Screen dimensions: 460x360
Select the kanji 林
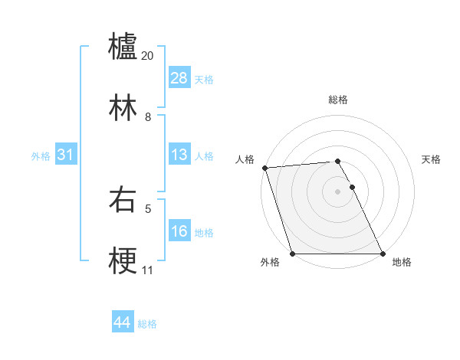click(x=123, y=107)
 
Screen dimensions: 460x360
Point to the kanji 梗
click(x=123, y=261)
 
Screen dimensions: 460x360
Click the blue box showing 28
click(x=179, y=78)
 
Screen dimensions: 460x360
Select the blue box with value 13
click(x=179, y=155)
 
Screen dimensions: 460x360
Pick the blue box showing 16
click(x=179, y=231)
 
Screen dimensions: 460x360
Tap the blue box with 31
click(x=66, y=155)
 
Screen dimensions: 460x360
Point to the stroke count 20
click(x=148, y=56)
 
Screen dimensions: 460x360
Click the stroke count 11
click(x=147, y=270)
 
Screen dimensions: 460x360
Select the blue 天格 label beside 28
click(x=204, y=80)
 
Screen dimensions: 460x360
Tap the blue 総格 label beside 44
click(x=147, y=324)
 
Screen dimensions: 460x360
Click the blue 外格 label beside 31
click(x=41, y=156)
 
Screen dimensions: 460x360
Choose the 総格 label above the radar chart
click(x=338, y=100)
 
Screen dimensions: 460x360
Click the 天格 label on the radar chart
click(x=432, y=159)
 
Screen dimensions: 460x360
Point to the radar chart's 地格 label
click(x=402, y=262)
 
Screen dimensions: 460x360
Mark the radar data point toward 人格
click(x=264, y=168)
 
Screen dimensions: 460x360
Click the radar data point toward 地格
click(x=383, y=254)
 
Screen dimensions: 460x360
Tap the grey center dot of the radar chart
click(x=338, y=191)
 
